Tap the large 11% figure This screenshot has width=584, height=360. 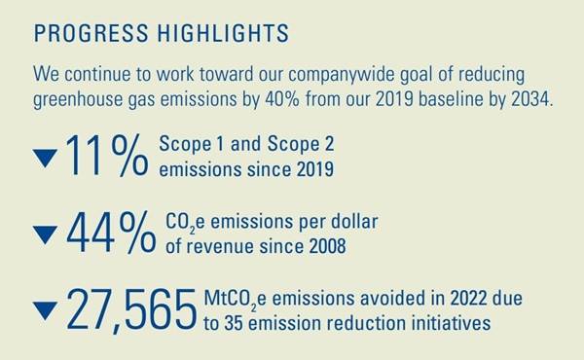coord(108,159)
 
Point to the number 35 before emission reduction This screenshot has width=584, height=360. coord(233,322)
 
